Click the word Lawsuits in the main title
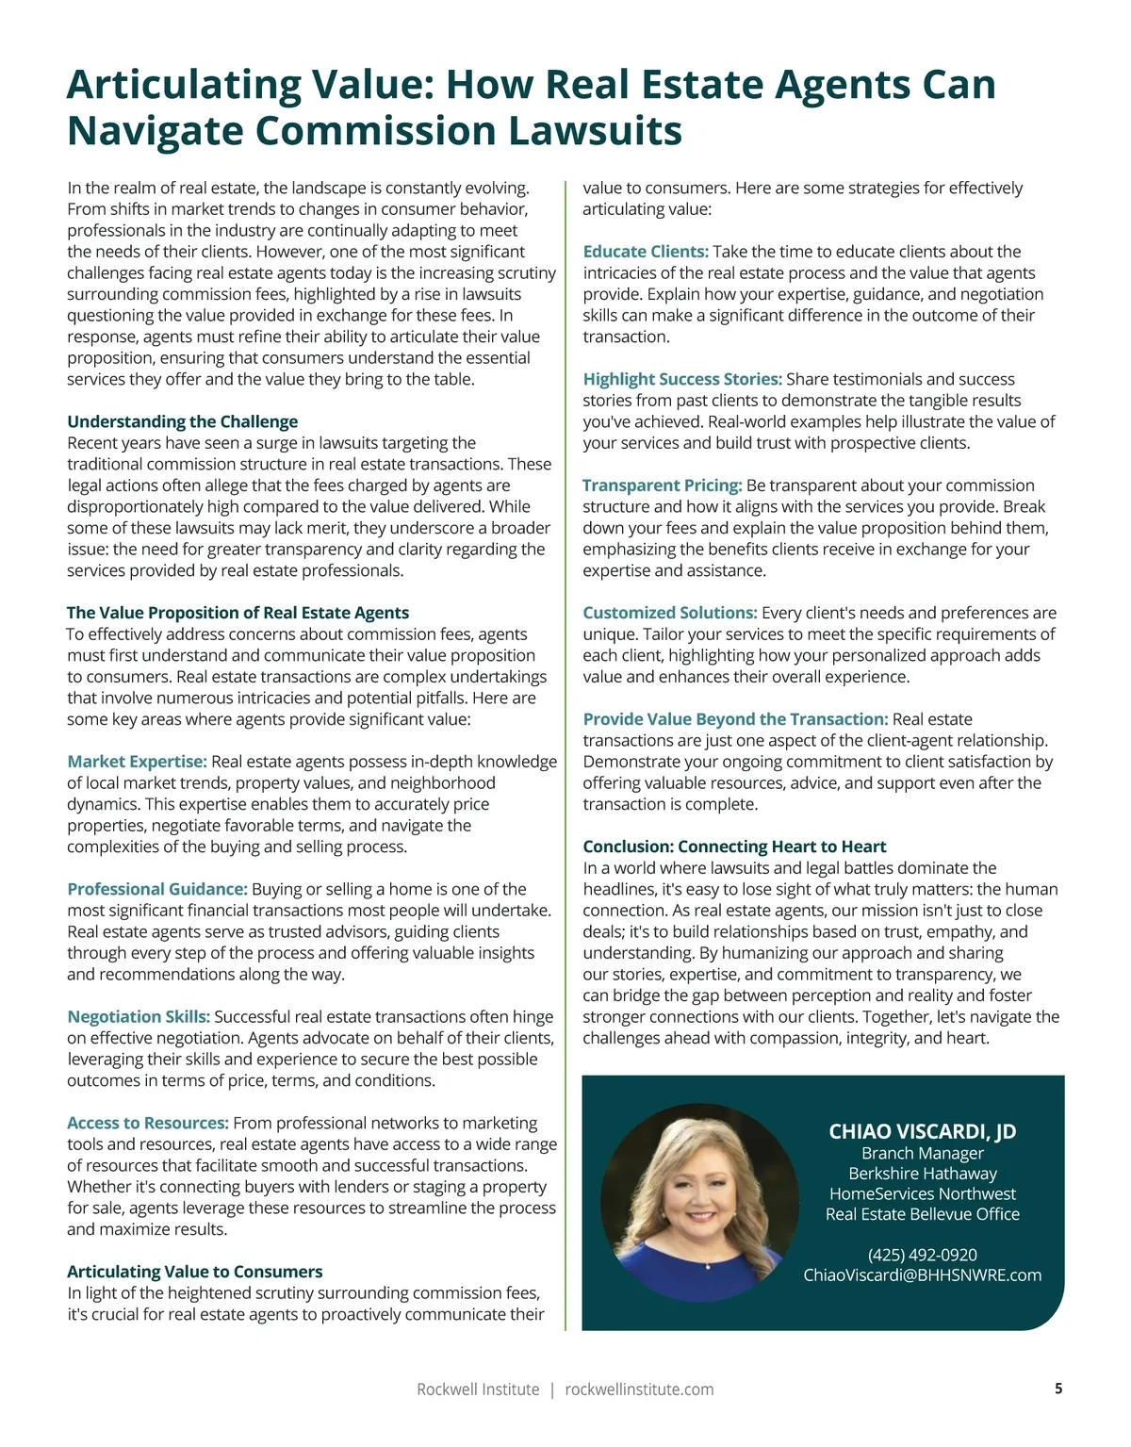click(x=594, y=130)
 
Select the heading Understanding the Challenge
click(x=182, y=421)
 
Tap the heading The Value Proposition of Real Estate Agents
click(x=238, y=613)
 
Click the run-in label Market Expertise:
click(x=137, y=762)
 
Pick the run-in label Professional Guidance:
click(x=157, y=889)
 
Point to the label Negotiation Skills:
click(x=139, y=1016)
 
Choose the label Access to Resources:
click(x=148, y=1123)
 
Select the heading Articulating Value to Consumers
click(x=194, y=1272)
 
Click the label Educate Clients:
click(x=646, y=252)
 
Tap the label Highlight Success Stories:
click(x=682, y=379)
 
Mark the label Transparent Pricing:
click(x=663, y=485)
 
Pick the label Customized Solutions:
click(x=670, y=613)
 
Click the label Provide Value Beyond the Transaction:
click(x=735, y=719)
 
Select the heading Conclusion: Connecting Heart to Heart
click(x=734, y=847)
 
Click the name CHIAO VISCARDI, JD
click(x=922, y=1131)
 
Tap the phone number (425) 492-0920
click(x=922, y=1255)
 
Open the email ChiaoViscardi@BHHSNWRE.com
click(x=922, y=1275)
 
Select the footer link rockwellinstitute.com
click(x=639, y=1389)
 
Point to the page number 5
click(x=1058, y=1389)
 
